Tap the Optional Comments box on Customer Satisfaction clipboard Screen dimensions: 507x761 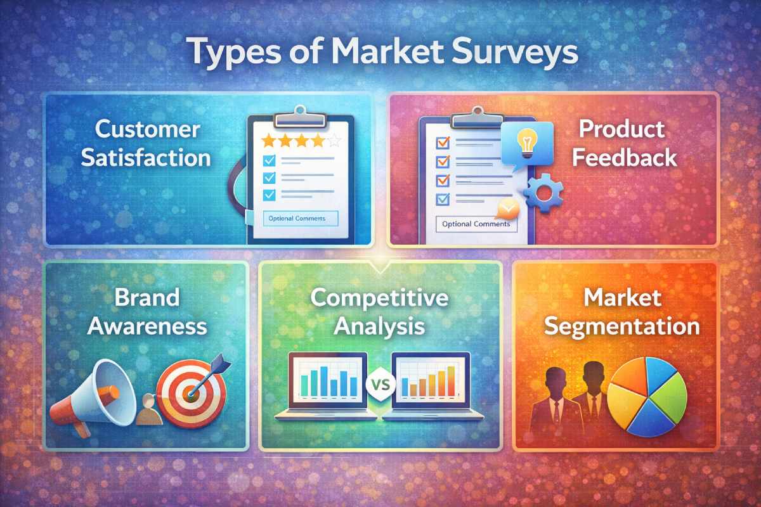(x=300, y=218)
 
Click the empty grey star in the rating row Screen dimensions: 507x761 (x=335, y=140)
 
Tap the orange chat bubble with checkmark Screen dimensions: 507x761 (x=507, y=209)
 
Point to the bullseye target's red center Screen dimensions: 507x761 (x=188, y=393)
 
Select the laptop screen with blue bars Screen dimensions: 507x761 (x=327, y=380)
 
